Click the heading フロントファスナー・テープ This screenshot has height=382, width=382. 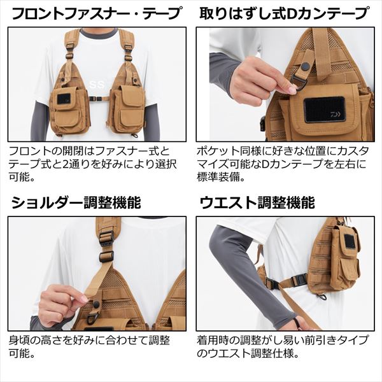pos(97,13)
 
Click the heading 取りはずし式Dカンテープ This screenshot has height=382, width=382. pos(284,13)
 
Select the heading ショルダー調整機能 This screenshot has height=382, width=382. pos(76,202)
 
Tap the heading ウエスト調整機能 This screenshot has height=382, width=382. pos(257,202)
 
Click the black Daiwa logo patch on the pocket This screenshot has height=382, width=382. pos(324,110)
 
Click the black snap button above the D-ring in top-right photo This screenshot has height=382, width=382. pos(304,66)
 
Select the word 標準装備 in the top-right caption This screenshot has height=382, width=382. pos(218,178)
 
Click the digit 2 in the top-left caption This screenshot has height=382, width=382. pos(66,164)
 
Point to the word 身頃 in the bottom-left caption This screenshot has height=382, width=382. pos(20,341)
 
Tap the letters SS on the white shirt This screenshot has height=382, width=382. pos(99,85)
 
